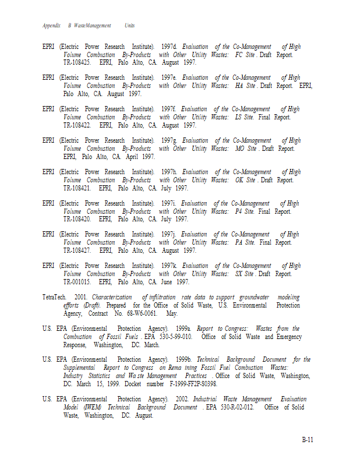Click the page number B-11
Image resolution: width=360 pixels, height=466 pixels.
click(307, 440)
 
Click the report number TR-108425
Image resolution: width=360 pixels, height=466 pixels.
click(77, 62)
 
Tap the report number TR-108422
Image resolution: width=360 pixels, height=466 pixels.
click(77, 125)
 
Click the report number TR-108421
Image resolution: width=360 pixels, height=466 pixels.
click(77, 188)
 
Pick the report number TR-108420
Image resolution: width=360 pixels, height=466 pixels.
click(77, 220)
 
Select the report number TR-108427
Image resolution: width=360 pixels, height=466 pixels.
click(77, 250)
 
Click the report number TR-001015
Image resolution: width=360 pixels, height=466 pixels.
click(77, 282)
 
